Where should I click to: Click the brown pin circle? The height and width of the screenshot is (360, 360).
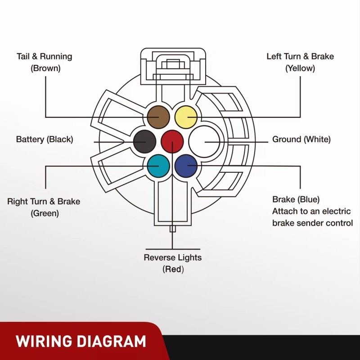[158, 117]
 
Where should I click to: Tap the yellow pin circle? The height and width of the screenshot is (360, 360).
[186, 117]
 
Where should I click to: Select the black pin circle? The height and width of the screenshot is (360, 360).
[144, 141]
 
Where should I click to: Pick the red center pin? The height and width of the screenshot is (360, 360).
[172, 141]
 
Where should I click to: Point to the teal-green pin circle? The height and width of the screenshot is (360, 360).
[158, 166]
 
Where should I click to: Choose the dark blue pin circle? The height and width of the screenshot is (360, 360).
[186, 166]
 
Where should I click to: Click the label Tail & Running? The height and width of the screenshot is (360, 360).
[44, 57]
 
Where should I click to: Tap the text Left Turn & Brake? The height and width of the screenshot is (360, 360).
[300, 57]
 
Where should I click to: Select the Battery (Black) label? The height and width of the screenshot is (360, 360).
[45, 139]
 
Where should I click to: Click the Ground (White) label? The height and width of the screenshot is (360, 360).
[301, 139]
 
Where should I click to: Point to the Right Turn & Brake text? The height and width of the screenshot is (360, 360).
[44, 202]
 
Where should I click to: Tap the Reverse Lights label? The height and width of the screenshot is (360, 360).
[173, 258]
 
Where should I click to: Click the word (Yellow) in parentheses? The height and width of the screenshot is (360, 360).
[300, 68]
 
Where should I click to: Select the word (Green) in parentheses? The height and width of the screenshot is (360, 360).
[45, 213]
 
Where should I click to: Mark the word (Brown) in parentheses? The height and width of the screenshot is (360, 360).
[45, 68]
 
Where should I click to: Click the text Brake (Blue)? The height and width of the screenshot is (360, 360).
[296, 199]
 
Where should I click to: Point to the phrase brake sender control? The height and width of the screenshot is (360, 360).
[312, 223]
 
